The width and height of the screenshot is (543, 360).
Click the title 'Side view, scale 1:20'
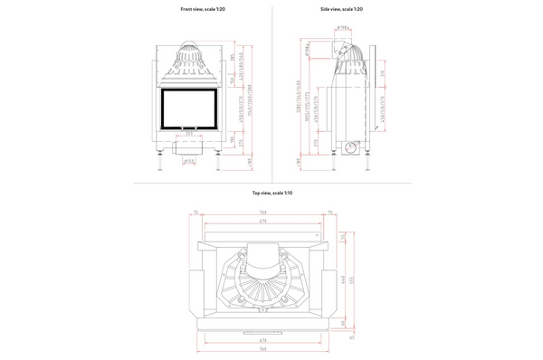coord(341,8)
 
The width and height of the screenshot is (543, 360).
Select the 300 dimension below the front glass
coord(189,133)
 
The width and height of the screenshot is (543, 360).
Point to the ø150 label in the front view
coord(189,161)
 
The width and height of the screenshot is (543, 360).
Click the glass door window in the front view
coord(189,107)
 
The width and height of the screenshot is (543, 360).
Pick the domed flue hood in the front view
coord(189,59)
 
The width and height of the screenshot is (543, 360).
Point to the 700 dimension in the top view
coord(262,213)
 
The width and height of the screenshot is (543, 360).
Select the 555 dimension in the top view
coord(354,282)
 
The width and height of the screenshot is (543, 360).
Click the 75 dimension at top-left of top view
coord(195,213)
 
